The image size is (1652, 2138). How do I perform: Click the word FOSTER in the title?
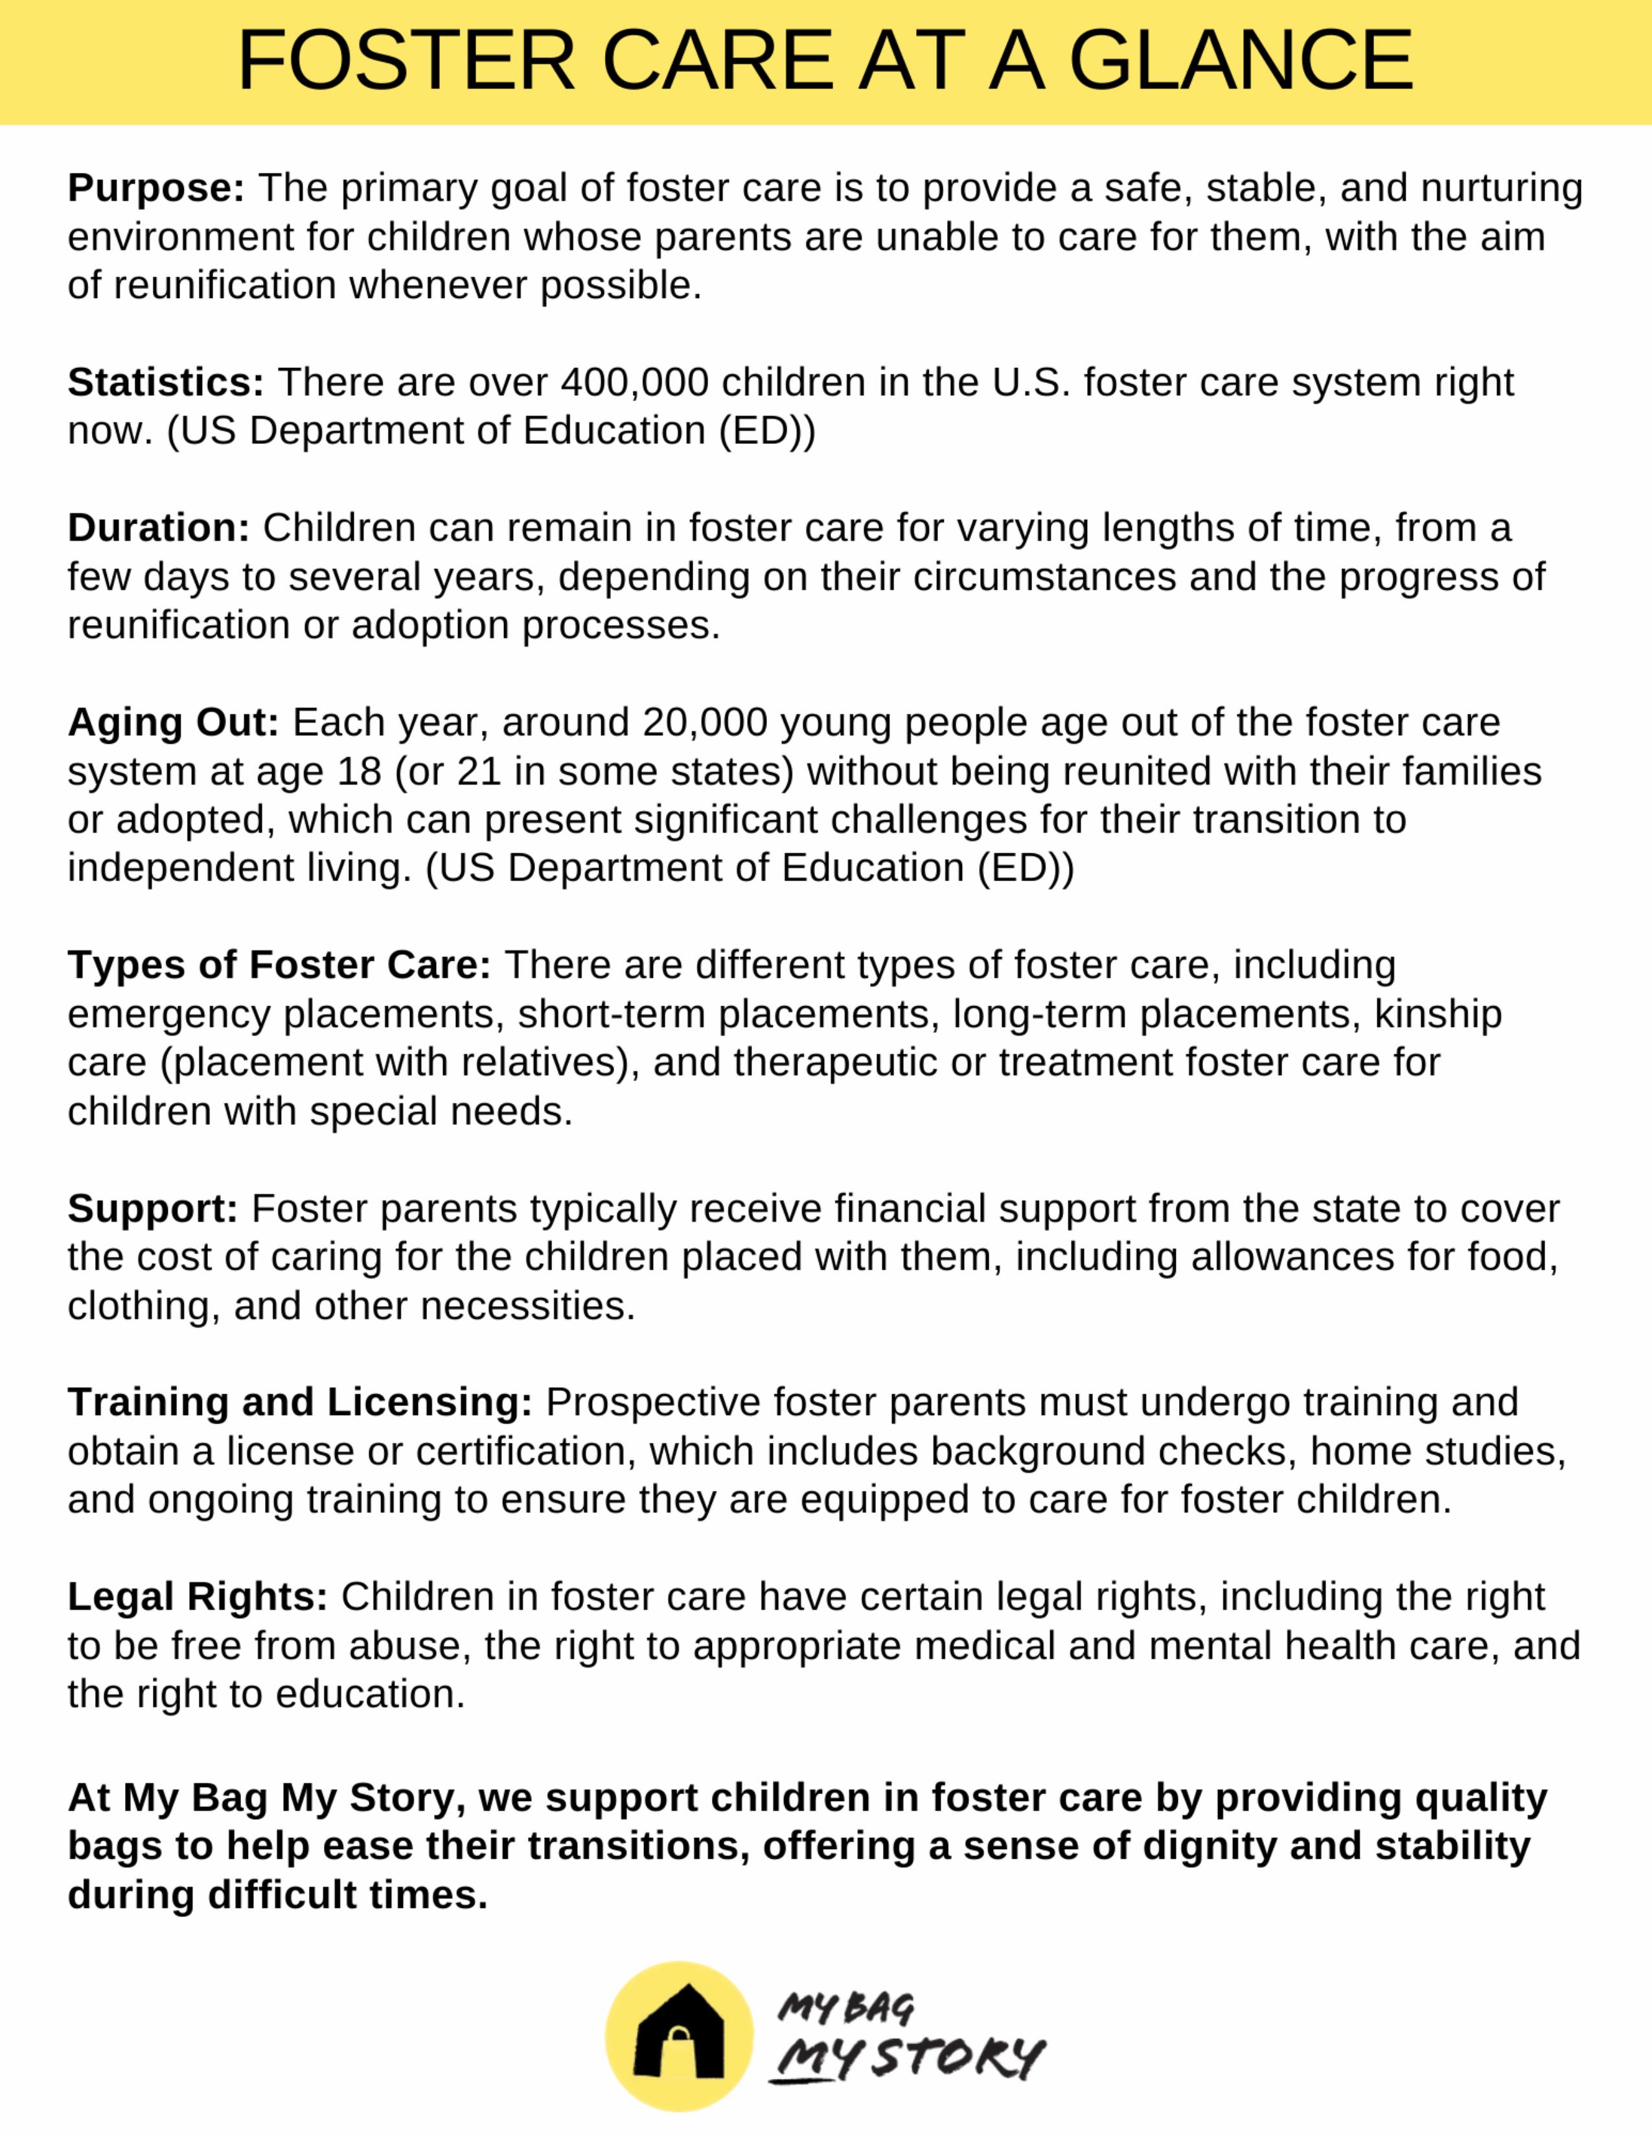[x=406, y=61]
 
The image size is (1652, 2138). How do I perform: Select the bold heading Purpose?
[x=155, y=188]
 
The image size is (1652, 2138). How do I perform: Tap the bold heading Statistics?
[x=165, y=382]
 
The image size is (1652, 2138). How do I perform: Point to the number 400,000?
[x=634, y=382]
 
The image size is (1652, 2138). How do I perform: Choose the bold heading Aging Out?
[x=173, y=722]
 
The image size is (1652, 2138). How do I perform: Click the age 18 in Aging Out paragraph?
[x=359, y=772]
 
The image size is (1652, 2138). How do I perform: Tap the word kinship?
[x=1438, y=1014]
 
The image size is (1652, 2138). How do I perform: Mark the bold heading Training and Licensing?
[x=299, y=1403]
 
